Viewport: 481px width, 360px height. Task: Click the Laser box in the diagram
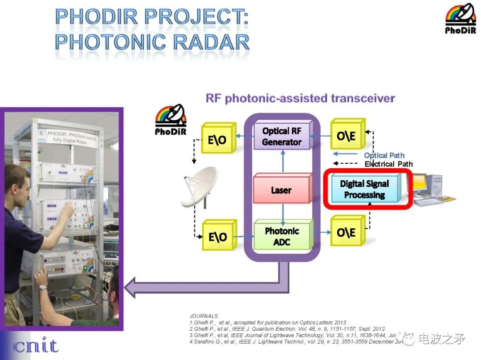(281, 190)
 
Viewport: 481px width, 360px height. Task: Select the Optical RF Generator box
(281, 137)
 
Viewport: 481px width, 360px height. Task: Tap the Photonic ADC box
(281, 236)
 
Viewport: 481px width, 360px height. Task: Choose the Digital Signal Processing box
(365, 190)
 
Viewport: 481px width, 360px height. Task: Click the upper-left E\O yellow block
(217, 139)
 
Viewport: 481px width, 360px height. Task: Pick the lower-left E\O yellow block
(217, 236)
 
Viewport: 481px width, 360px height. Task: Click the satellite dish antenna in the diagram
(199, 187)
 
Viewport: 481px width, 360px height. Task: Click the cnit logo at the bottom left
(36, 346)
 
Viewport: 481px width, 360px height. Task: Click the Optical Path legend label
(384, 155)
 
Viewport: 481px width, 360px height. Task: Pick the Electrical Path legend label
(388, 164)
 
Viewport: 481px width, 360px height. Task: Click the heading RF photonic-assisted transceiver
(300, 98)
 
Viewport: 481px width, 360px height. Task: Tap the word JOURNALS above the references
(204, 316)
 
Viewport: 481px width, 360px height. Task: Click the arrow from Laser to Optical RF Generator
(282, 161)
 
